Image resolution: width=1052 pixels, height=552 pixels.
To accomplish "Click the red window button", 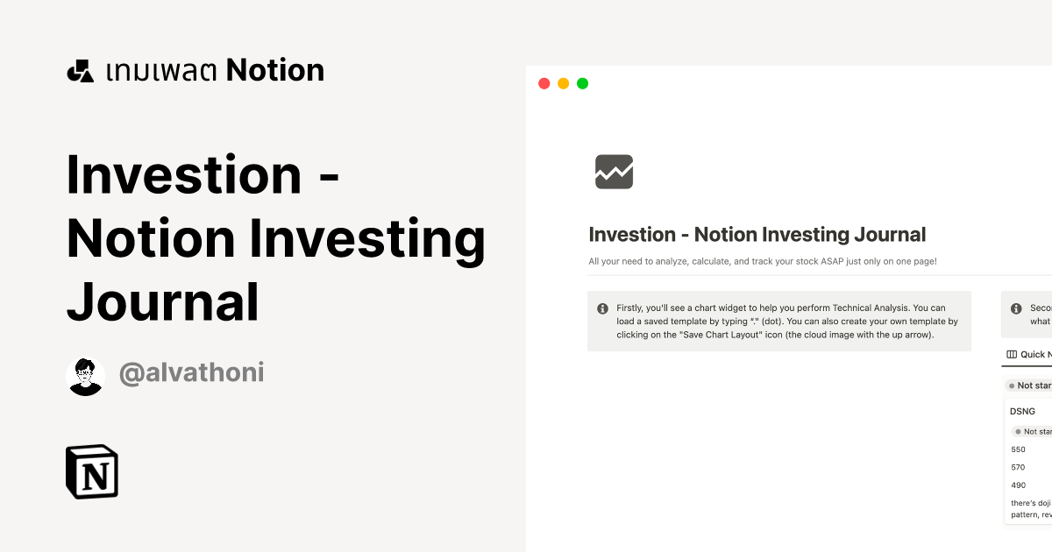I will (x=544, y=84).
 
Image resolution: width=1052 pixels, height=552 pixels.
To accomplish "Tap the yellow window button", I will (x=563, y=84).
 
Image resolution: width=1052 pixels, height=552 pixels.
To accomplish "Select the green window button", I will (x=582, y=84).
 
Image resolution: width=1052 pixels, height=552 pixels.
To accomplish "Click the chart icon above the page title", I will (x=614, y=172).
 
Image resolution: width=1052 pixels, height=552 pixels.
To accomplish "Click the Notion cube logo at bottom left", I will (x=92, y=472).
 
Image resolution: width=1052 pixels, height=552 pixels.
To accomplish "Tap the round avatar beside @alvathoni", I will (x=85, y=377).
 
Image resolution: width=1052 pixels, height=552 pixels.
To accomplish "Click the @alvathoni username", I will (x=191, y=373).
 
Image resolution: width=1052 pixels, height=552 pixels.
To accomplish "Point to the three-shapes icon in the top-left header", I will (x=80, y=71).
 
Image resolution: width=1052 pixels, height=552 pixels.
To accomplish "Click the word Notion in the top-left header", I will (x=275, y=70).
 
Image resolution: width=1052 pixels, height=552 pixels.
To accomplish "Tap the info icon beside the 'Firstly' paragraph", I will (x=602, y=308).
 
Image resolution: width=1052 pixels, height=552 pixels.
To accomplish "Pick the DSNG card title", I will (x=1022, y=411).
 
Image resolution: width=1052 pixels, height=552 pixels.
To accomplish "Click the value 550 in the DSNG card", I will (x=1018, y=449).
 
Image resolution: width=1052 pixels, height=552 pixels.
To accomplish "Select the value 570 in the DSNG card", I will (x=1018, y=468).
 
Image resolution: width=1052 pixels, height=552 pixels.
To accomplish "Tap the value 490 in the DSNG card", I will (x=1018, y=485).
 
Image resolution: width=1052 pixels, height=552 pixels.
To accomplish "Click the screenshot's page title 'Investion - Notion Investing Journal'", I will (x=757, y=235).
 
